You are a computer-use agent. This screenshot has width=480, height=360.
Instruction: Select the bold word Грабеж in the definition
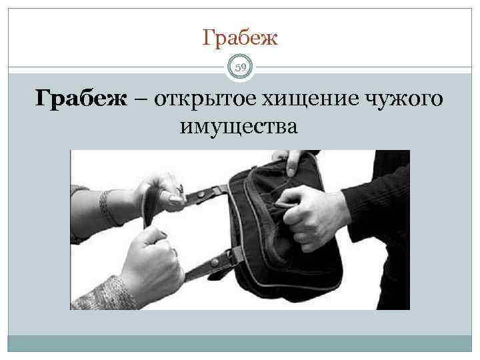(x=81, y=99)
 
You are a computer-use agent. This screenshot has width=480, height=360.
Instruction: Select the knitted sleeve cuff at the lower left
(x=100, y=293)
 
